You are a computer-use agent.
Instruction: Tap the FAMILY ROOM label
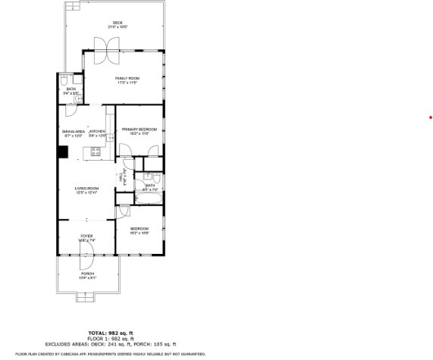click(x=127, y=80)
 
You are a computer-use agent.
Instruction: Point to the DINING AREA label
click(x=73, y=132)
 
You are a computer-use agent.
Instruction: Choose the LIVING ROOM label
click(x=86, y=189)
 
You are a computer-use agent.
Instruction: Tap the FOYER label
click(x=86, y=237)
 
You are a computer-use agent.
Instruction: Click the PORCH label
click(x=87, y=274)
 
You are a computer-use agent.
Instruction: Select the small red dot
click(x=430, y=117)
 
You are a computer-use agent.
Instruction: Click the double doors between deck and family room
click(x=104, y=51)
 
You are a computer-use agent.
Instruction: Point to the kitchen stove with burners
click(x=97, y=152)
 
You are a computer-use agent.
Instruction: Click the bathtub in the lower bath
click(x=148, y=199)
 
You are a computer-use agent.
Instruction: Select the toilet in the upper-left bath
click(x=65, y=80)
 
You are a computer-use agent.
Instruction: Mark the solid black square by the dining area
click(x=62, y=150)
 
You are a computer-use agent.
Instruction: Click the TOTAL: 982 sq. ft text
click(x=111, y=333)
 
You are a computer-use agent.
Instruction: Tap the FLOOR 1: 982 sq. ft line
click(x=111, y=338)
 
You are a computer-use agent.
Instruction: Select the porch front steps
click(x=86, y=299)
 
